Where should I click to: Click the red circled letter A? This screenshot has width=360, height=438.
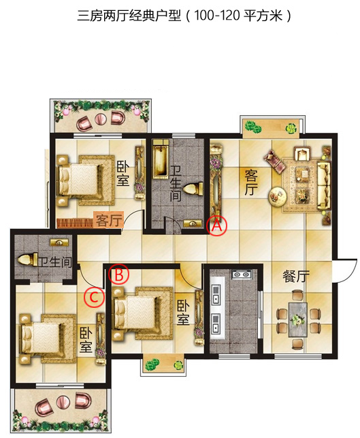[217, 225]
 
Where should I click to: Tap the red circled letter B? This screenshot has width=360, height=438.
[119, 275]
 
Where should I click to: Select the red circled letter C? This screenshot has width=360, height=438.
[95, 297]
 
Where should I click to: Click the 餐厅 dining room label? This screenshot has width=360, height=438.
[296, 277]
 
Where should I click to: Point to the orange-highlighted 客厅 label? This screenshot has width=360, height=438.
[109, 221]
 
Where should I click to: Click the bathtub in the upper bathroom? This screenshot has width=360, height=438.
[161, 159]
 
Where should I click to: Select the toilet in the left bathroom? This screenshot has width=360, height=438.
[27, 260]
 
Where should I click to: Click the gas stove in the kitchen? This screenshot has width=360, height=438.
[242, 275]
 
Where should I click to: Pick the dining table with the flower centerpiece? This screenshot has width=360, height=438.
[298, 319]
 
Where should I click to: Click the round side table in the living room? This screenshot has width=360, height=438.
[278, 196]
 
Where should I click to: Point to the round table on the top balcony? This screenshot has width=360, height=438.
[101, 119]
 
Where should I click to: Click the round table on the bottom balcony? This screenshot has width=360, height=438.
[63, 403]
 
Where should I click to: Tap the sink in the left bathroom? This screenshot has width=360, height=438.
[59, 243]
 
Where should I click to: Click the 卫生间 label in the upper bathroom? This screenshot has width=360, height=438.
[176, 183]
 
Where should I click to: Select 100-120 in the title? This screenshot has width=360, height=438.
[216, 16]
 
